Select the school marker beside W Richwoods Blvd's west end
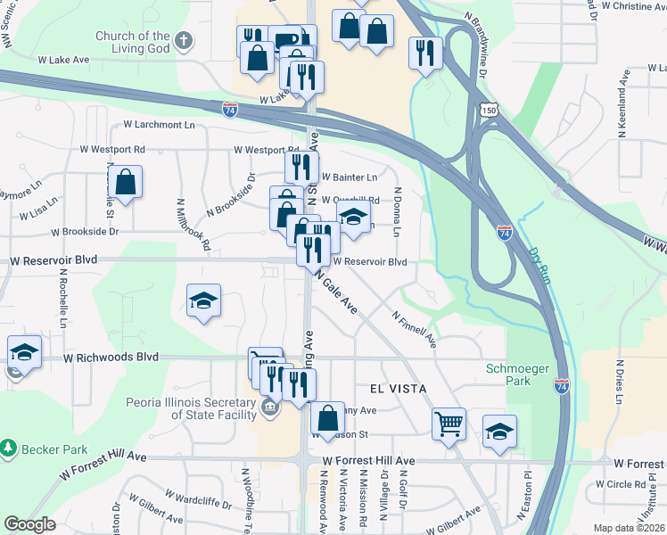pyautogui.click(x=24, y=351)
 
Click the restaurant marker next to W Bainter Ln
pyautogui.click(x=301, y=166)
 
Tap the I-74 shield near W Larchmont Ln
pyautogui.click(x=230, y=109)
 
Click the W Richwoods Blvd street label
pyautogui.click(x=111, y=357)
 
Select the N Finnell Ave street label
pyautogui.click(x=415, y=328)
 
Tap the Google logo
pyautogui.click(x=29, y=525)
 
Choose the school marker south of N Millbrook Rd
pyautogui.click(x=203, y=301)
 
